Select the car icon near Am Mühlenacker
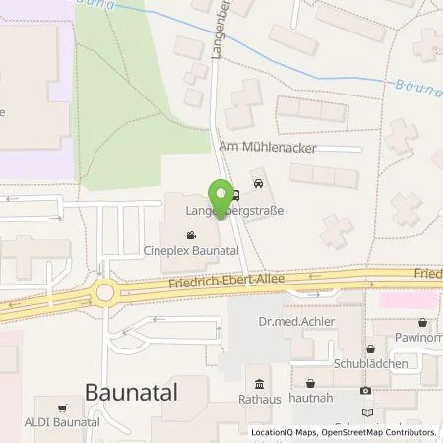click(x=257, y=182)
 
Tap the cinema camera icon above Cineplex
click(x=190, y=235)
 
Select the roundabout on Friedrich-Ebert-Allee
click(x=106, y=291)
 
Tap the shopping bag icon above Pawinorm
click(x=422, y=322)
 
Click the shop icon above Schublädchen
click(x=370, y=348)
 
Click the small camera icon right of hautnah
click(x=366, y=391)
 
